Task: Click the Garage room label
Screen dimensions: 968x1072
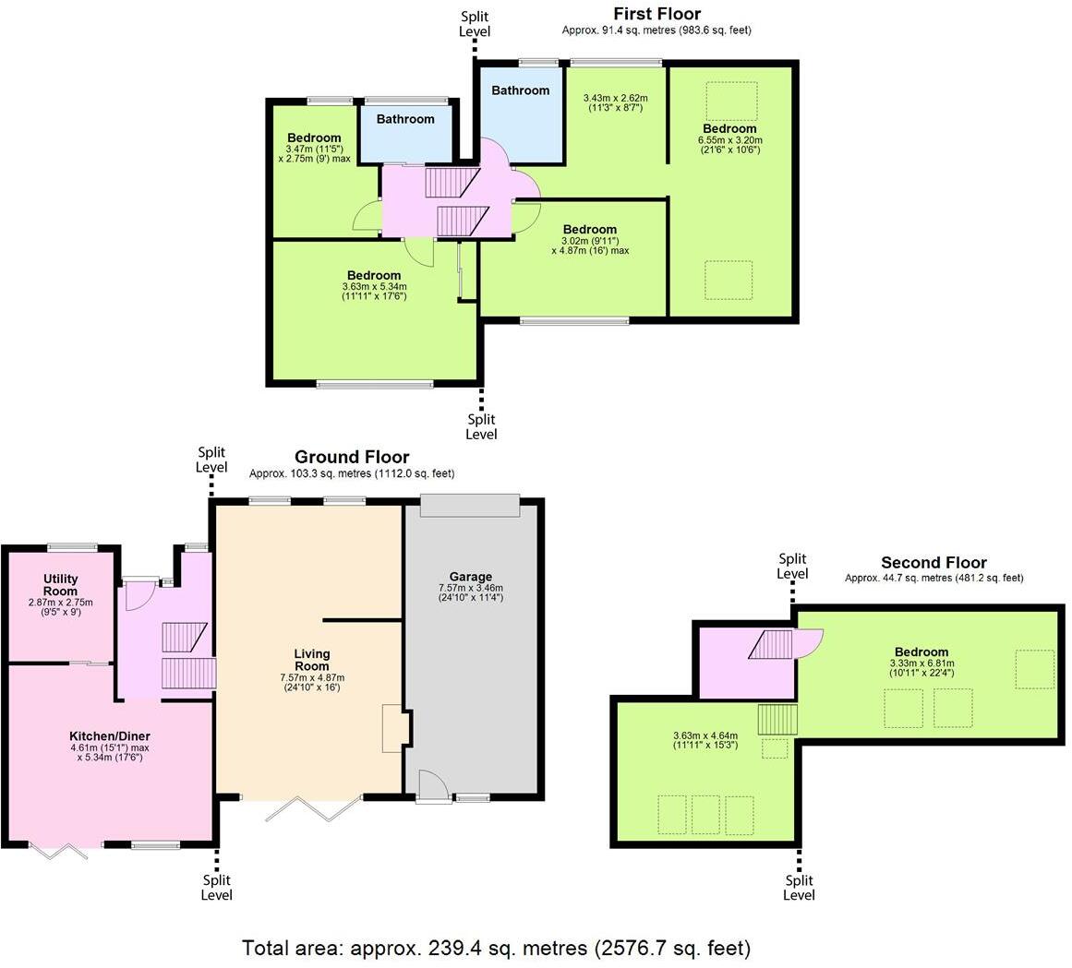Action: (471, 577)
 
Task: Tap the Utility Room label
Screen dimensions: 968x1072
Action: (60, 585)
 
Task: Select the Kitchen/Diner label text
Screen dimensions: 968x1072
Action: (106, 735)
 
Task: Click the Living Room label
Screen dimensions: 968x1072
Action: (312, 660)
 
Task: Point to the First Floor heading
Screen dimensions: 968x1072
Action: (656, 14)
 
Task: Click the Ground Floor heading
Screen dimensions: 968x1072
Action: (352, 457)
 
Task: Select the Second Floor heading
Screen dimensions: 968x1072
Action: (933, 562)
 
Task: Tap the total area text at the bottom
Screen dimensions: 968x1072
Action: (497, 948)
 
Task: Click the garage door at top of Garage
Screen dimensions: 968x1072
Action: (470, 506)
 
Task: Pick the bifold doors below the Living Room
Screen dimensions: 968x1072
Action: (313, 808)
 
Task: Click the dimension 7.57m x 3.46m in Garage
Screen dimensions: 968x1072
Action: (471, 592)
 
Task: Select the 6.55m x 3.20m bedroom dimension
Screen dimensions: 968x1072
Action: (729, 145)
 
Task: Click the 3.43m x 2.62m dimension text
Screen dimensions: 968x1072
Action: (615, 102)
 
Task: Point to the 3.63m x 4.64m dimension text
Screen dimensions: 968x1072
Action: (705, 740)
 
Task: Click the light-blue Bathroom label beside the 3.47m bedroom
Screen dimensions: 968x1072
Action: (405, 119)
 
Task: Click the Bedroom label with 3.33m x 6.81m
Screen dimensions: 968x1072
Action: (921, 651)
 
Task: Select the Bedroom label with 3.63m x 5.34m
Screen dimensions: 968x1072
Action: (374, 275)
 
